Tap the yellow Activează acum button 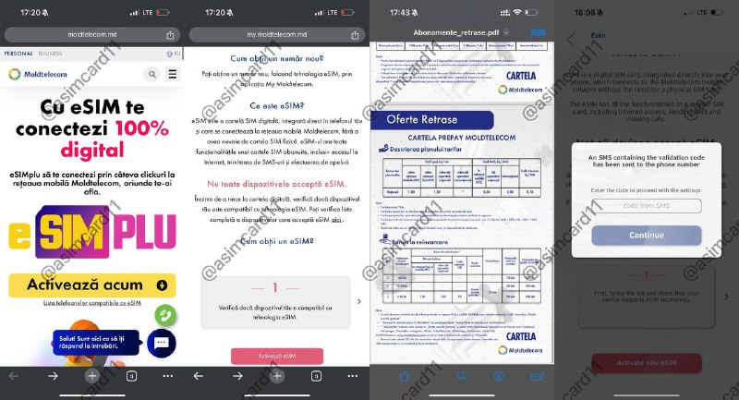point(91,285)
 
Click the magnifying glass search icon point(151,75)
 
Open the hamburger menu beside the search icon point(172,75)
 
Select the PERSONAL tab point(18,54)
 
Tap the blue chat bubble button point(160,343)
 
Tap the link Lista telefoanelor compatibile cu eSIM point(91,303)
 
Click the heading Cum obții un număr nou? point(275,56)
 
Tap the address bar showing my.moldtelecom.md point(275,33)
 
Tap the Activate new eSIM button point(646,360)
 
